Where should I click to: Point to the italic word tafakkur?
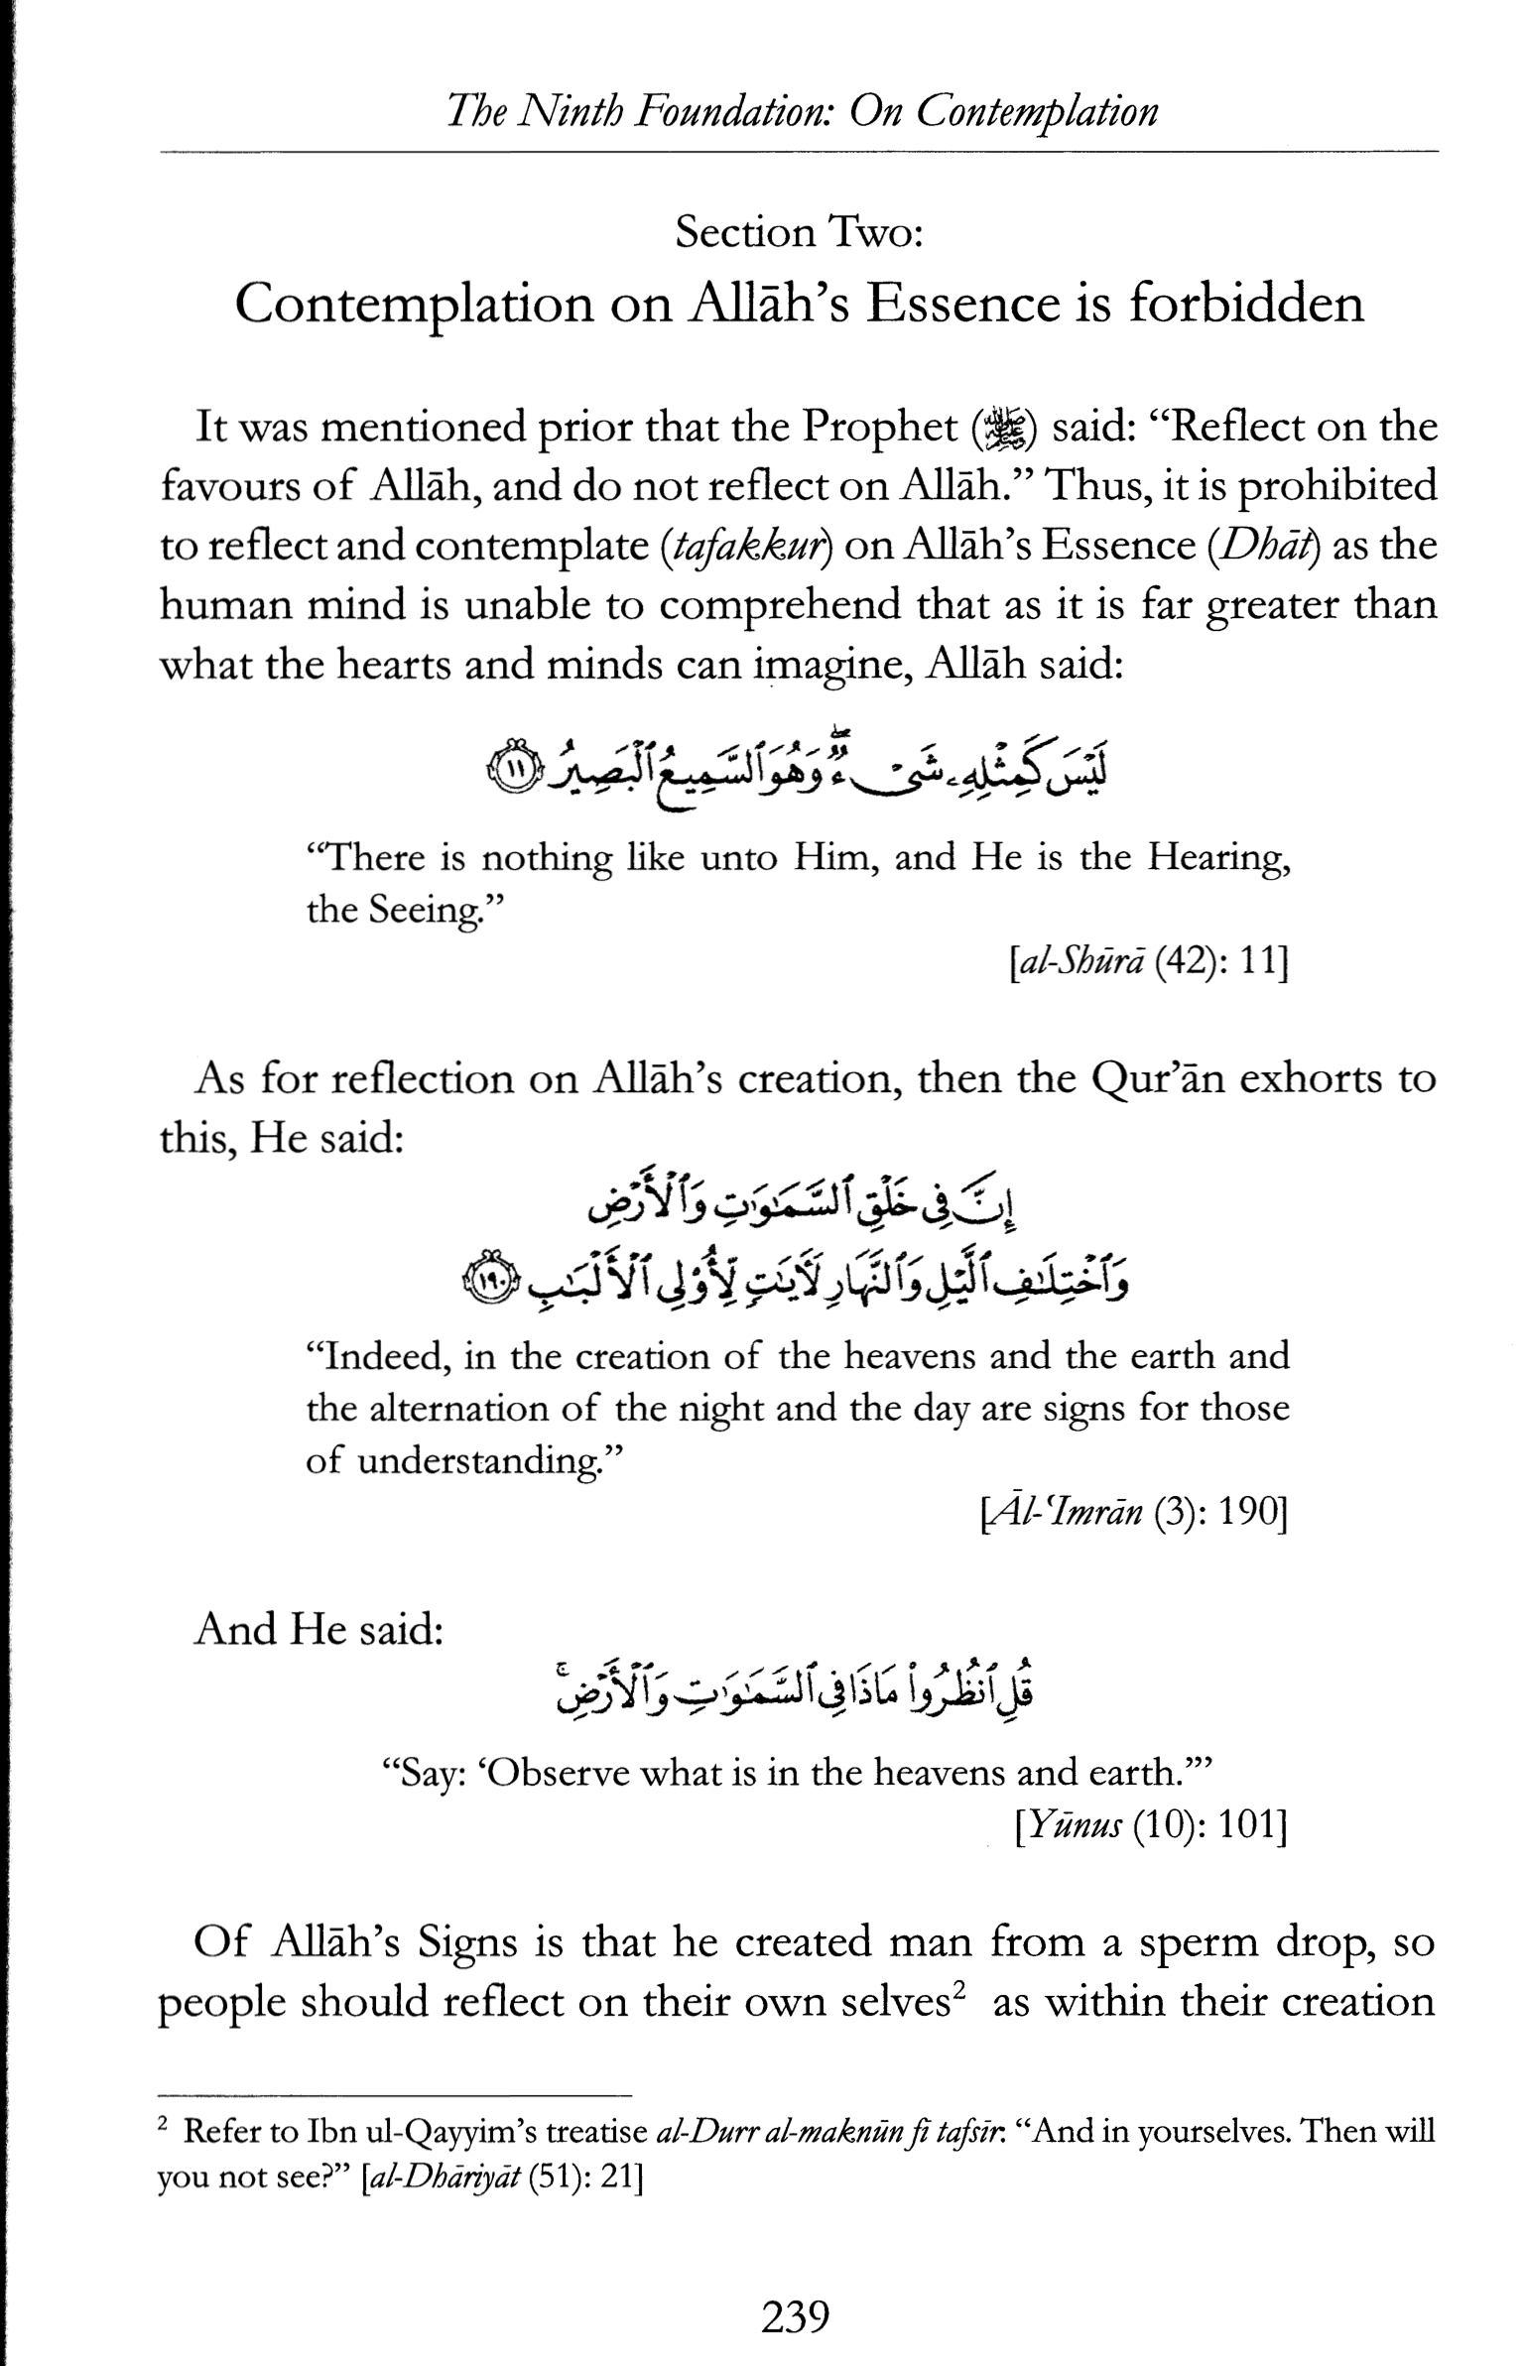[749, 547]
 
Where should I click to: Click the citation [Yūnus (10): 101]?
[1151, 1825]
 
